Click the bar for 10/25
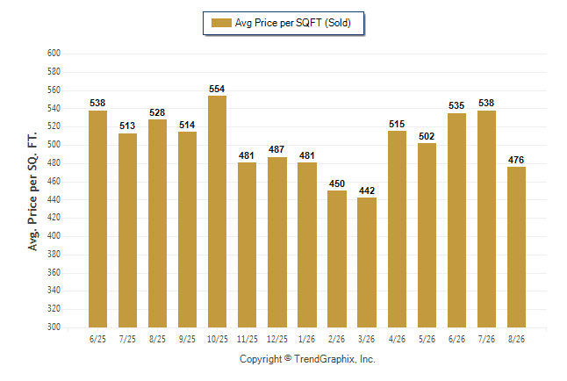click(x=217, y=212)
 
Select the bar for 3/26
click(x=367, y=262)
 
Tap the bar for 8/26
click(x=516, y=247)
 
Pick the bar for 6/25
click(x=97, y=219)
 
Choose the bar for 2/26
click(x=337, y=259)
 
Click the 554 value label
click(x=217, y=89)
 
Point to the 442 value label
click(x=367, y=190)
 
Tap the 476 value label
click(x=516, y=160)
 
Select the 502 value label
click(x=427, y=136)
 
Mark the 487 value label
click(x=276, y=149)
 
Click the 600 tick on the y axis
click(x=54, y=54)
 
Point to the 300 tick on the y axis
click(x=54, y=327)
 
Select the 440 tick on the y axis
click(x=54, y=199)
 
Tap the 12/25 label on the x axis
click(x=277, y=339)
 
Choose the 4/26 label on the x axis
click(x=397, y=339)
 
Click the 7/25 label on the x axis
click(x=127, y=339)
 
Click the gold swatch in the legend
click(x=221, y=23)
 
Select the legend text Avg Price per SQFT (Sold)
click(x=293, y=23)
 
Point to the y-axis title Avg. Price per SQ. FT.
click(x=32, y=191)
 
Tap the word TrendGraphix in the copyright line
click(x=324, y=359)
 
